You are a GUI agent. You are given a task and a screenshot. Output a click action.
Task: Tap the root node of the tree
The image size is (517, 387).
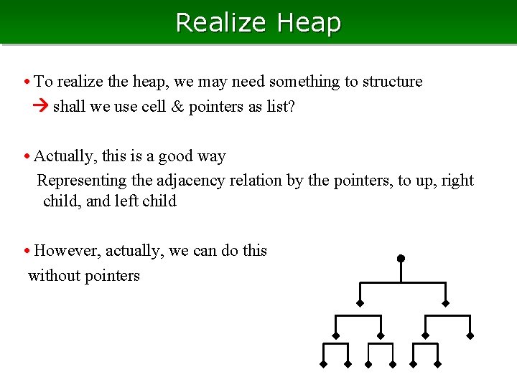[x=401, y=258]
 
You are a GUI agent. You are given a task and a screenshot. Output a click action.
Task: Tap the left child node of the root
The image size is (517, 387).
[x=360, y=303]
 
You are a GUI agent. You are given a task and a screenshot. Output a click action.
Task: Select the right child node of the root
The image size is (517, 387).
[x=445, y=303]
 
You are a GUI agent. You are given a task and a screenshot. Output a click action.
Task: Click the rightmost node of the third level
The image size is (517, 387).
[x=470, y=335]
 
